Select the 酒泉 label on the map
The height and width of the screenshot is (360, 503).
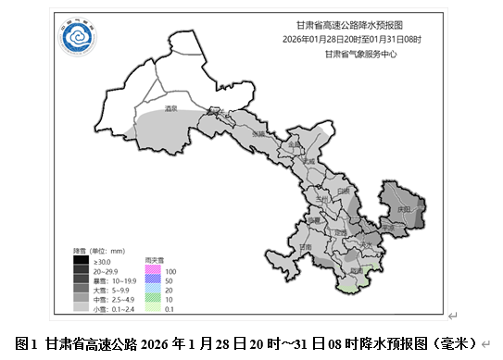(170, 109)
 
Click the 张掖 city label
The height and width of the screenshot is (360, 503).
(258, 134)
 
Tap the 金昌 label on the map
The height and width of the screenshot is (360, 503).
(294, 145)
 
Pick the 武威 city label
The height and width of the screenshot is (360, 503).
(309, 161)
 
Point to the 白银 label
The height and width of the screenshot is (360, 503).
(343, 191)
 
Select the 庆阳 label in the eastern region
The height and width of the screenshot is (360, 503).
(402, 209)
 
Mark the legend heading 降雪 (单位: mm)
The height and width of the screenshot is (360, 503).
(99, 252)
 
